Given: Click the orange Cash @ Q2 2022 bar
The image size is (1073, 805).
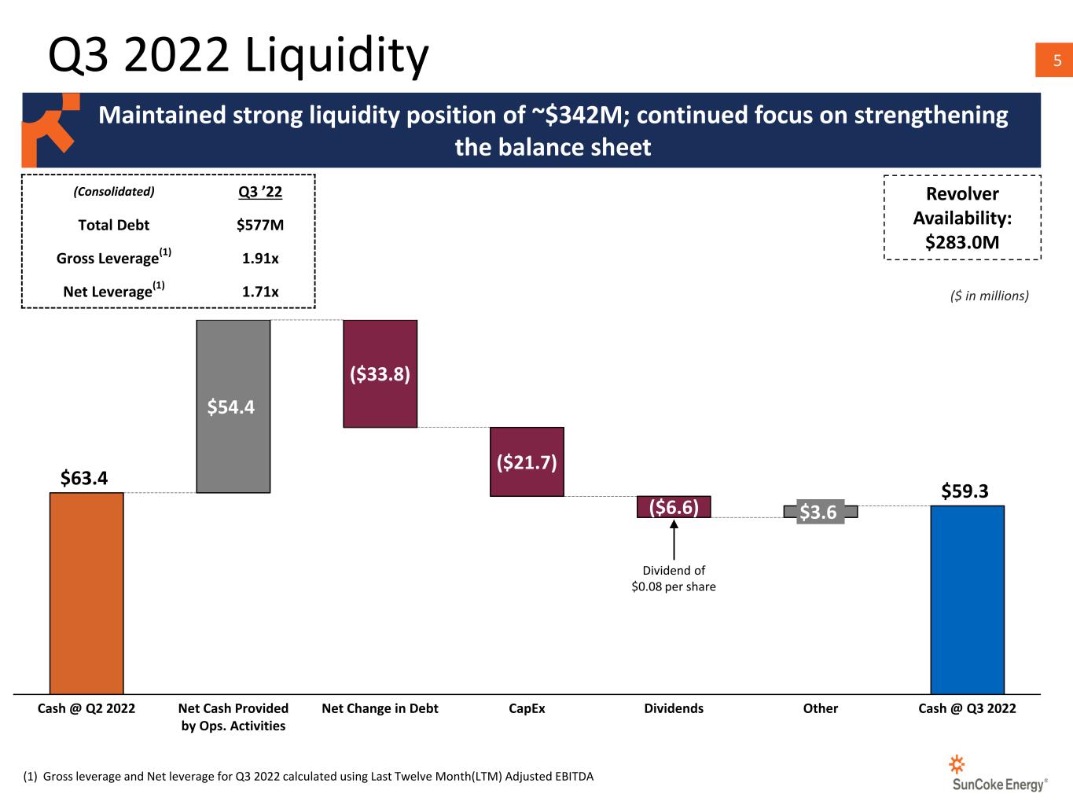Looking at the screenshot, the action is point(86,593).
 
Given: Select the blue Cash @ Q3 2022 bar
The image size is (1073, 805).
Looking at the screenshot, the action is point(968,600).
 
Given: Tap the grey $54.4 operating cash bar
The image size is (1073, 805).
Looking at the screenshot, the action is point(233,406).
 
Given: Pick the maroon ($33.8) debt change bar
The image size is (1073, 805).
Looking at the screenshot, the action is point(380,374).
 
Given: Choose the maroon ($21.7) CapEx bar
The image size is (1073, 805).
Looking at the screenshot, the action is point(527,462).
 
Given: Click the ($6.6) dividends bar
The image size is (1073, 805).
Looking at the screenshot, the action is point(674,507).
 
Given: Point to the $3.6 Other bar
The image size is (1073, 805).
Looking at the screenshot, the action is point(821,512).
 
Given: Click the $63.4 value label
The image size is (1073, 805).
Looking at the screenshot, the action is point(84,477).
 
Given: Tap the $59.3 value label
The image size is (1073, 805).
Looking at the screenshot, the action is point(965,491).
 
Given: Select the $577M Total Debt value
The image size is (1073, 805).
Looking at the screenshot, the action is point(260,225).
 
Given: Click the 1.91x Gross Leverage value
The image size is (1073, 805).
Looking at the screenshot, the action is point(260,258).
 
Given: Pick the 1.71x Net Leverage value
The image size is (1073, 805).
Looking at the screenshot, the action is point(260,292).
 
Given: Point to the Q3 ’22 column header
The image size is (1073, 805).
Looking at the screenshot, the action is point(260,192).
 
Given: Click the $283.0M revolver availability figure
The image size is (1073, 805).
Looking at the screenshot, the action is point(962,242).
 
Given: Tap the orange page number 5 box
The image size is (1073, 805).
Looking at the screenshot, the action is point(1054,60).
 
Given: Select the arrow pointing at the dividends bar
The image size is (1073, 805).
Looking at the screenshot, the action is point(674,540).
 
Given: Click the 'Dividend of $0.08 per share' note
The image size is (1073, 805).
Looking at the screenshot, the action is point(674,579).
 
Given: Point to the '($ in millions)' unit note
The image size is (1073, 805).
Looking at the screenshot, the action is point(990,296).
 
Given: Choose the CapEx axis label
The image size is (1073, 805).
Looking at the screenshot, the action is point(527,708).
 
